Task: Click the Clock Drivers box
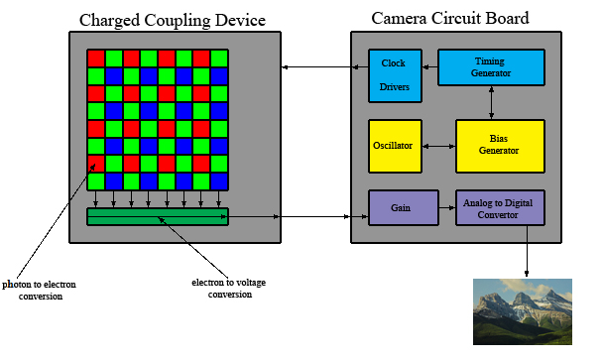pos(395,75)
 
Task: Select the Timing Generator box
pos(491,67)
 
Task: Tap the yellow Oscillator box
pos(395,146)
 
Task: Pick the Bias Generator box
pos(500,146)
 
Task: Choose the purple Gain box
pos(404,207)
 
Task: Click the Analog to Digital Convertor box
pos(500,207)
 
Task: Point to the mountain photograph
pos(523,311)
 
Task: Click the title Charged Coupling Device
pos(173,20)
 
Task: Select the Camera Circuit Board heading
pos(450,18)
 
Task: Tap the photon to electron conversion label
pos(40,290)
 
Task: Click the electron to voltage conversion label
pos(229,288)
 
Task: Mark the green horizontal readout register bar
pos(158,216)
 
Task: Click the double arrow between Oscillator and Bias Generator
pos(438,146)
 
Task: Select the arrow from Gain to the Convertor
pos(447,207)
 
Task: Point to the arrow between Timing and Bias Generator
pos(491,103)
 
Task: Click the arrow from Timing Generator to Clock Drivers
pos(430,66)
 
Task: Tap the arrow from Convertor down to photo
pos(527,251)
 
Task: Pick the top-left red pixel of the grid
pos(96,59)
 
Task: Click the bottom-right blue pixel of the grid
pos(219,181)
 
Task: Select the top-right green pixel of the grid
pos(219,59)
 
